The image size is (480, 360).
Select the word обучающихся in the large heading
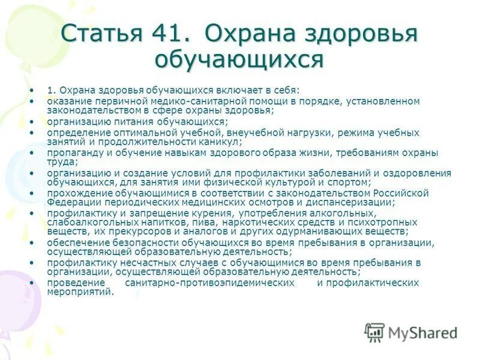pyautogui.click(x=239, y=60)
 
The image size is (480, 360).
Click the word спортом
pyautogui.click(x=350, y=182)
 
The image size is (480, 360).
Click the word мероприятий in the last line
pyautogui.click(x=80, y=292)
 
